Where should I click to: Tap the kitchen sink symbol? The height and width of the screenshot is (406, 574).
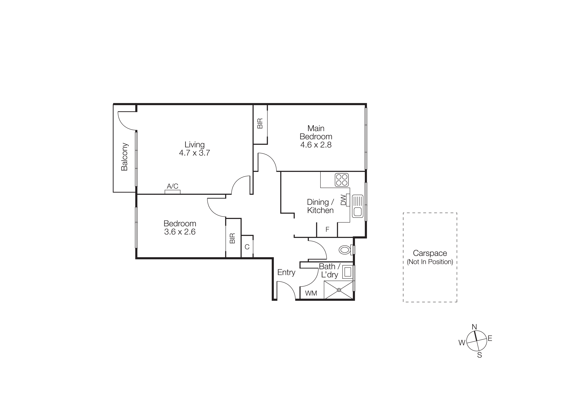358,206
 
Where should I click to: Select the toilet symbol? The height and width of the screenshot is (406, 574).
345,250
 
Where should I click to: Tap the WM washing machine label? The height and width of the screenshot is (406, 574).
311,293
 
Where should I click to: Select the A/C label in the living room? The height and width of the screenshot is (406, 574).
172,186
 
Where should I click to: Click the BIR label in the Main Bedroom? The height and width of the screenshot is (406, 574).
260,124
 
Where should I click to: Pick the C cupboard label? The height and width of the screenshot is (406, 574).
247,247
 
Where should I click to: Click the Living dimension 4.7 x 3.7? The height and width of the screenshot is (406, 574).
195,153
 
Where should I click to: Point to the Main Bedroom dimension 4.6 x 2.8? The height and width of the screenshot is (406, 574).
316,145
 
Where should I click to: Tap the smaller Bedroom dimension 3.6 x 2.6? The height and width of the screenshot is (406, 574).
180,232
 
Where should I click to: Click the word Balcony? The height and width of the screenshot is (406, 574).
124,157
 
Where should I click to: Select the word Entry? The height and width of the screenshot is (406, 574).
286,272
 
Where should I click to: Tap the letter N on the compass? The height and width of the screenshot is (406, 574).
474,327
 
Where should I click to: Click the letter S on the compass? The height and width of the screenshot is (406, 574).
479,355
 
